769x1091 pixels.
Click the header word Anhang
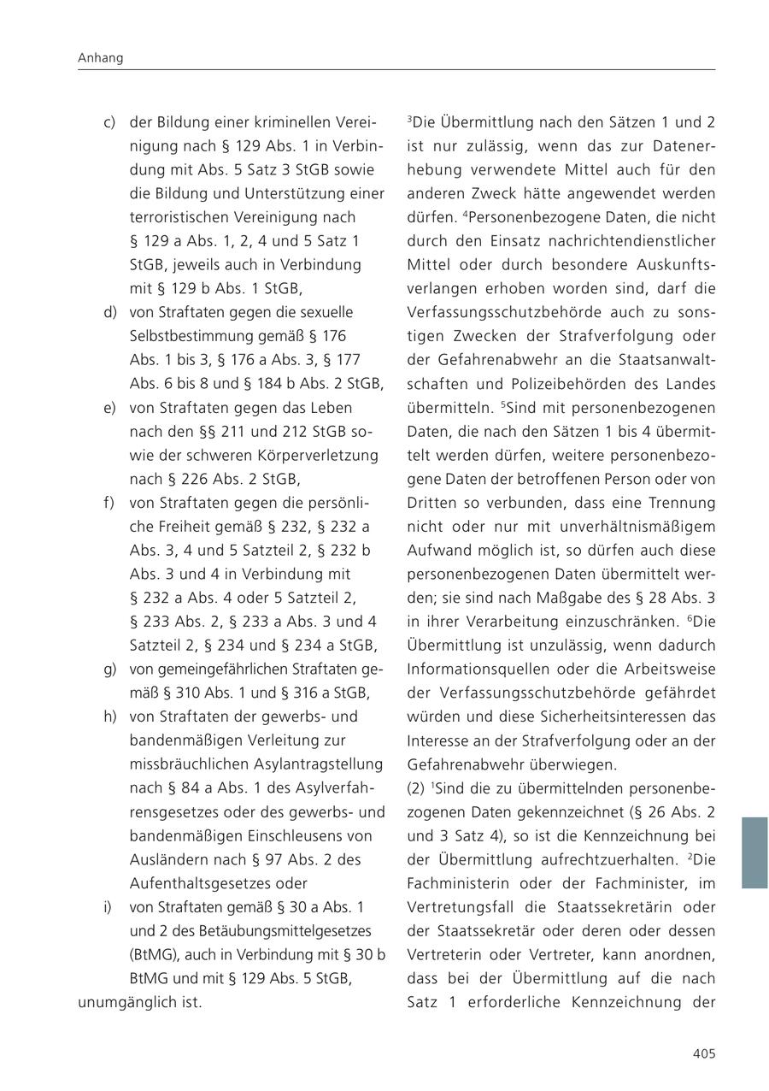point(100,58)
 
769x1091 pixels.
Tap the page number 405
point(703,1054)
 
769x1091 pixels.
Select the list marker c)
point(109,122)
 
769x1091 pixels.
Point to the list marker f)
point(109,503)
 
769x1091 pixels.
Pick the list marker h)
point(109,717)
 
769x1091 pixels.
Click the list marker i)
point(108,906)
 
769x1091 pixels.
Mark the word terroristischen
point(182,217)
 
